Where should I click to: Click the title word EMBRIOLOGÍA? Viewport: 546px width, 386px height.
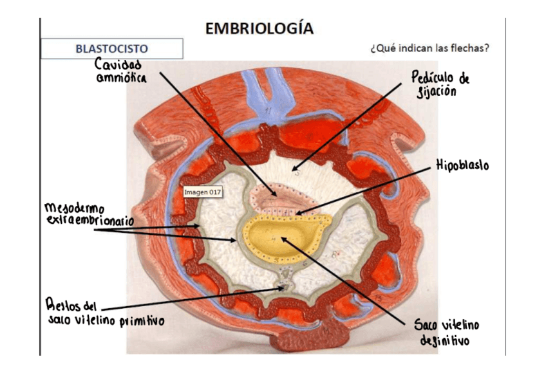pos(259,28)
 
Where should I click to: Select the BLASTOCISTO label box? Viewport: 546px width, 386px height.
pos(112,49)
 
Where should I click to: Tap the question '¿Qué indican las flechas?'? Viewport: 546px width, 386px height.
pos(429,49)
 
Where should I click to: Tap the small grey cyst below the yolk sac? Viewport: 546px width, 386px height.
pos(284,283)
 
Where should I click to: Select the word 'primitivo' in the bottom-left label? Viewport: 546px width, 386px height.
pos(142,322)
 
